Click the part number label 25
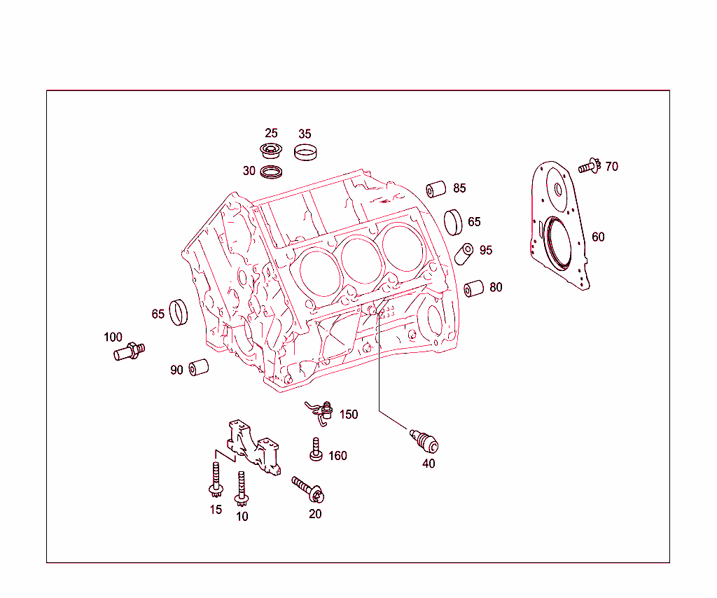pos(271,133)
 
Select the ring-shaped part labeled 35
pos(305,152)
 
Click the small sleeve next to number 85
pos(437,189)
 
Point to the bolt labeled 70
pos(589,167)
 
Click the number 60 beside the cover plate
pos(598,237)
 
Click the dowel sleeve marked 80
pos(474,288)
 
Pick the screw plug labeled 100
pos(128,350)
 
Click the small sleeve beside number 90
pos(199,367)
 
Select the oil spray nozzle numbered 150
pos(321,412)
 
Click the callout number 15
pos(216,510)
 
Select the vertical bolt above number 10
pos(242,487)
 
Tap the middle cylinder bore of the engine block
pos(360,260)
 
